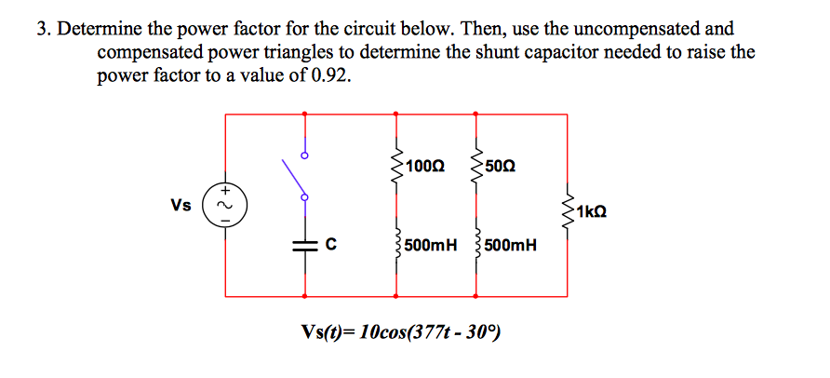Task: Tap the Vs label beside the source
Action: pos(181,204)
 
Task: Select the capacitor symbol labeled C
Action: pos(304,245)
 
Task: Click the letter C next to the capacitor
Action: pos(328,246)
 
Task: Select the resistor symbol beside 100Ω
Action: pos(397,166)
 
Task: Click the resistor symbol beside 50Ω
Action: pos(476,166)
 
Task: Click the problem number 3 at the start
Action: pos(42,30)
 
